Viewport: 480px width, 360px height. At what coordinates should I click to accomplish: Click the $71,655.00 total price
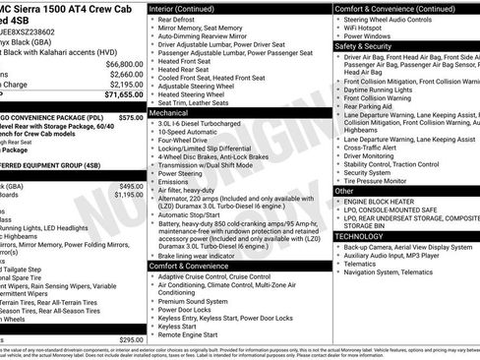[x=117, y=95]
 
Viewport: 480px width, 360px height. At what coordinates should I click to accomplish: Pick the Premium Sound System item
[x=198, y=300]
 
